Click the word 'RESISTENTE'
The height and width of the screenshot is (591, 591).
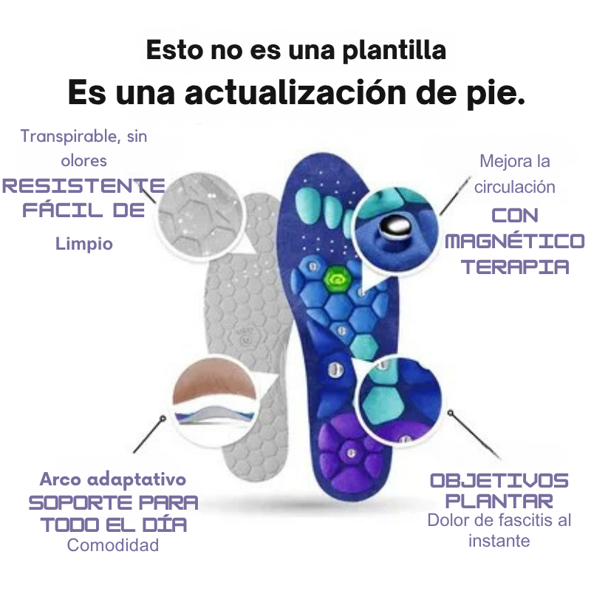[x=83, y=185]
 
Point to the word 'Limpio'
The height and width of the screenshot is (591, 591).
[x=84, y=244]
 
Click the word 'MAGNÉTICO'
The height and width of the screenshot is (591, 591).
[x=515, y=241]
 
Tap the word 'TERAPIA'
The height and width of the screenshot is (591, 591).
[x=515, y=267]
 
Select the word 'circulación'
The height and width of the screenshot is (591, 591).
[x=515, y=186]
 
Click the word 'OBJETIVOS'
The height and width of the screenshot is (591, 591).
[x=500, y=480]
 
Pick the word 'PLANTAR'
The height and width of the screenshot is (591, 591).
[x=500, y=502]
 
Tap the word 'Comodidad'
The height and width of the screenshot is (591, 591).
[x=113, y=545]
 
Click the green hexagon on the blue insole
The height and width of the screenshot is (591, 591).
[x=336, y=279]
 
